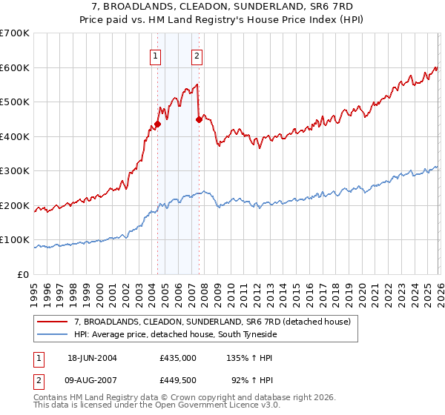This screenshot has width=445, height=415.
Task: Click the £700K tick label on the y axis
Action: click(x=15, y=33)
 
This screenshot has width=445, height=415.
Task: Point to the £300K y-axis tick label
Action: click(x=15, y=171)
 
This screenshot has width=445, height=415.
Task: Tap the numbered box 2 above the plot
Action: click(x=197, y=55)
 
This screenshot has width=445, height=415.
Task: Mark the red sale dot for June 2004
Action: click(x=158, y=124)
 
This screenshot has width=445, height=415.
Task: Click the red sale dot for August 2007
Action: click(x=199, y=119)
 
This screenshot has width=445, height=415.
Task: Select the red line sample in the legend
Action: click(x=53, y=321)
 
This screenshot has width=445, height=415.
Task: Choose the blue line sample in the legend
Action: click(x=53, y=333)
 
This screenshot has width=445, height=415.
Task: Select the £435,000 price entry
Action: click(x=178, y=357)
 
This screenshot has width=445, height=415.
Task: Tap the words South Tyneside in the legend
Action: click(x=228, y=333)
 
